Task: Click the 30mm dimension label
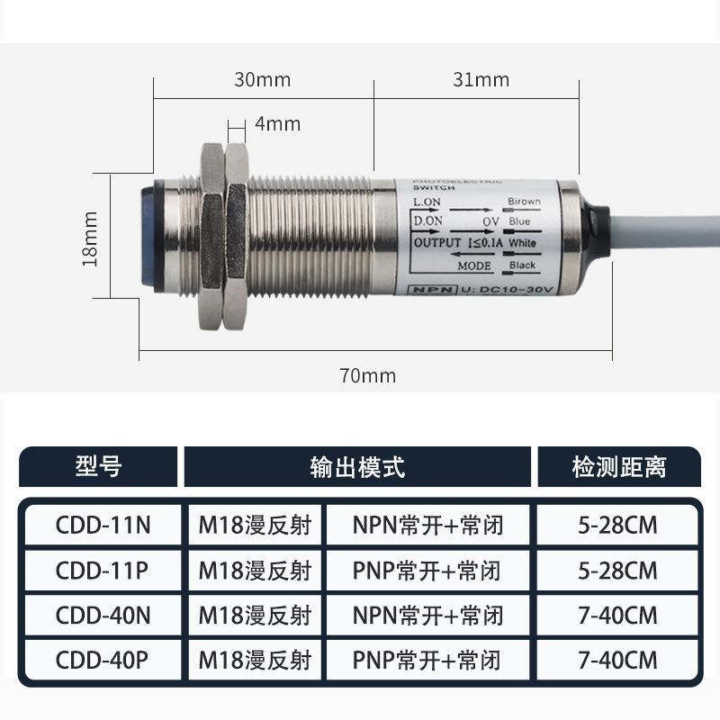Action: pos(263,79)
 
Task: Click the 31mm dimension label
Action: pos(481,79)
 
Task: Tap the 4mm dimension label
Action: pos(277,123)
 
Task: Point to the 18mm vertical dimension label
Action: pos(89,238)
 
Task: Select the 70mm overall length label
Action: pos(367,375)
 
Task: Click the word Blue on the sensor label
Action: pos(519,221)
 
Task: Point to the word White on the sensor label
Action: pos(522,244)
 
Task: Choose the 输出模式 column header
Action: pos(357,466)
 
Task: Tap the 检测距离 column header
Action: pos(618,466)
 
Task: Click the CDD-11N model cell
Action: pos(103,525)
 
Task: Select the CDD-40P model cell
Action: pos(103,661)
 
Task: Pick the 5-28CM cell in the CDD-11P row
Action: pos(619,571)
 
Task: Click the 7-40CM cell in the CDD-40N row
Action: pos(619,616)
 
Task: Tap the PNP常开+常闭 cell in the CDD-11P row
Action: pos(427,571)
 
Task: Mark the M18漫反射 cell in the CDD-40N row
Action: pos(255,616)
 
